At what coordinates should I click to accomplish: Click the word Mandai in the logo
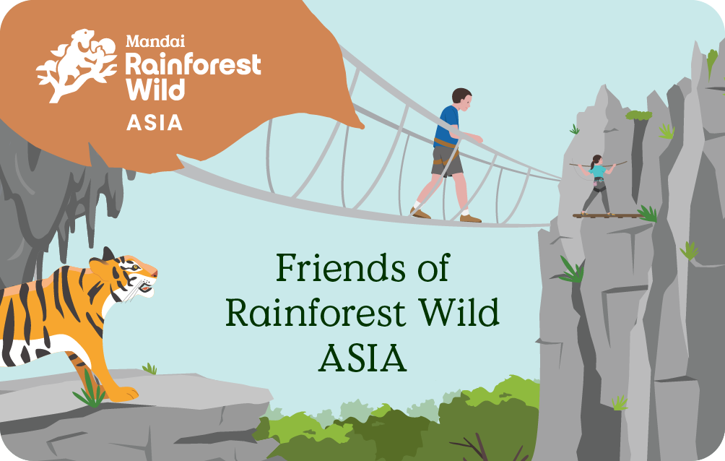click(155, 41)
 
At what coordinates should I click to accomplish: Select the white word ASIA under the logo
click(155, 123)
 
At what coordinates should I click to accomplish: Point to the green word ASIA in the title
click(362, 358)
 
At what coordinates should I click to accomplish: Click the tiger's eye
click(134, 267)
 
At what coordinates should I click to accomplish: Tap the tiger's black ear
click(108, 254)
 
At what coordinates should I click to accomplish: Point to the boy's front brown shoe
click(470, 218)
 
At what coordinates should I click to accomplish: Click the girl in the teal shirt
click(597, 184)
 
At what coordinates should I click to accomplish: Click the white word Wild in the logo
click(155, 89)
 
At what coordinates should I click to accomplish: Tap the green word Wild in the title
click(459, 312)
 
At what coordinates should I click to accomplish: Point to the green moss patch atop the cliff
click(639, 115)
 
